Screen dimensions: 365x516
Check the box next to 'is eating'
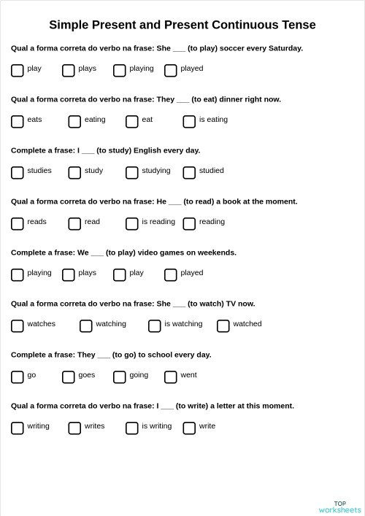coord(189,121)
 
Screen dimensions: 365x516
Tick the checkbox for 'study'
coord(74,172)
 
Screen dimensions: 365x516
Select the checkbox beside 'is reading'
coord(132,223)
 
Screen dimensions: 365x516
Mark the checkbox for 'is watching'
coord(155,326)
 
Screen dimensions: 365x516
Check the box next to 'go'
coord(18,377)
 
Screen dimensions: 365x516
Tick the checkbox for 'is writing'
coord(132,428)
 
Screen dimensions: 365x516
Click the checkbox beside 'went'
coord(171,377)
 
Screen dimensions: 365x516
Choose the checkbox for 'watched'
coord(223,326)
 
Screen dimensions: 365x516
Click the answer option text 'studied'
coord(212,171)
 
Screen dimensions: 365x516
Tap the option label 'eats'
coord(34,120)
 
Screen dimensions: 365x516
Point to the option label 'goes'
coord(87,375)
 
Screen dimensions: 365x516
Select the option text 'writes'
coord(95,426)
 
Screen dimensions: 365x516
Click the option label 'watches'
coord(42,324)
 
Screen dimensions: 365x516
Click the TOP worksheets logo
coord(339,507)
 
